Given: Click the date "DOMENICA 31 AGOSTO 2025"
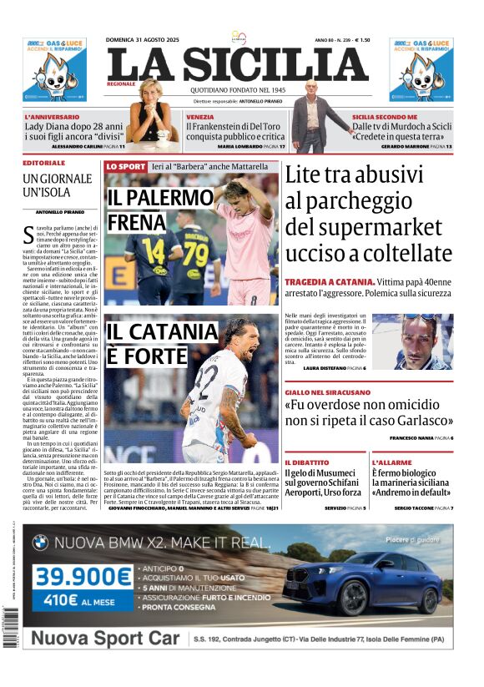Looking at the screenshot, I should tap(143, 40).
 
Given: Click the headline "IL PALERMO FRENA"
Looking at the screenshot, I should tap(138, 210).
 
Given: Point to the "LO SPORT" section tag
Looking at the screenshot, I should tap(125, 167).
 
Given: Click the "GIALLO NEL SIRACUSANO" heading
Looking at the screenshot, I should tap(327, 391).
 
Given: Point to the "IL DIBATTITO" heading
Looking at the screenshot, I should tap(307, 462).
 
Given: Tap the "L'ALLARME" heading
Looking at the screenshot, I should tap(391, 462).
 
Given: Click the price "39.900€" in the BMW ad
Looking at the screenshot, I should tap(83, 577).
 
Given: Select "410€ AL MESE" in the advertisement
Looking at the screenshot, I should tap(83, 599).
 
